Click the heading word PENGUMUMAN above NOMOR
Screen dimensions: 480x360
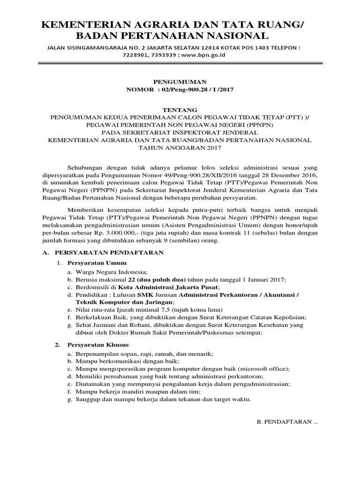tap(180, 82)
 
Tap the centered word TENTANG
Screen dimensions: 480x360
tap(180, 110)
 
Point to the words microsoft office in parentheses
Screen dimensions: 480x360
tap(265, 369)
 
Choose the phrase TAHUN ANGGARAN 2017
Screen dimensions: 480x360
tap(180, 148)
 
